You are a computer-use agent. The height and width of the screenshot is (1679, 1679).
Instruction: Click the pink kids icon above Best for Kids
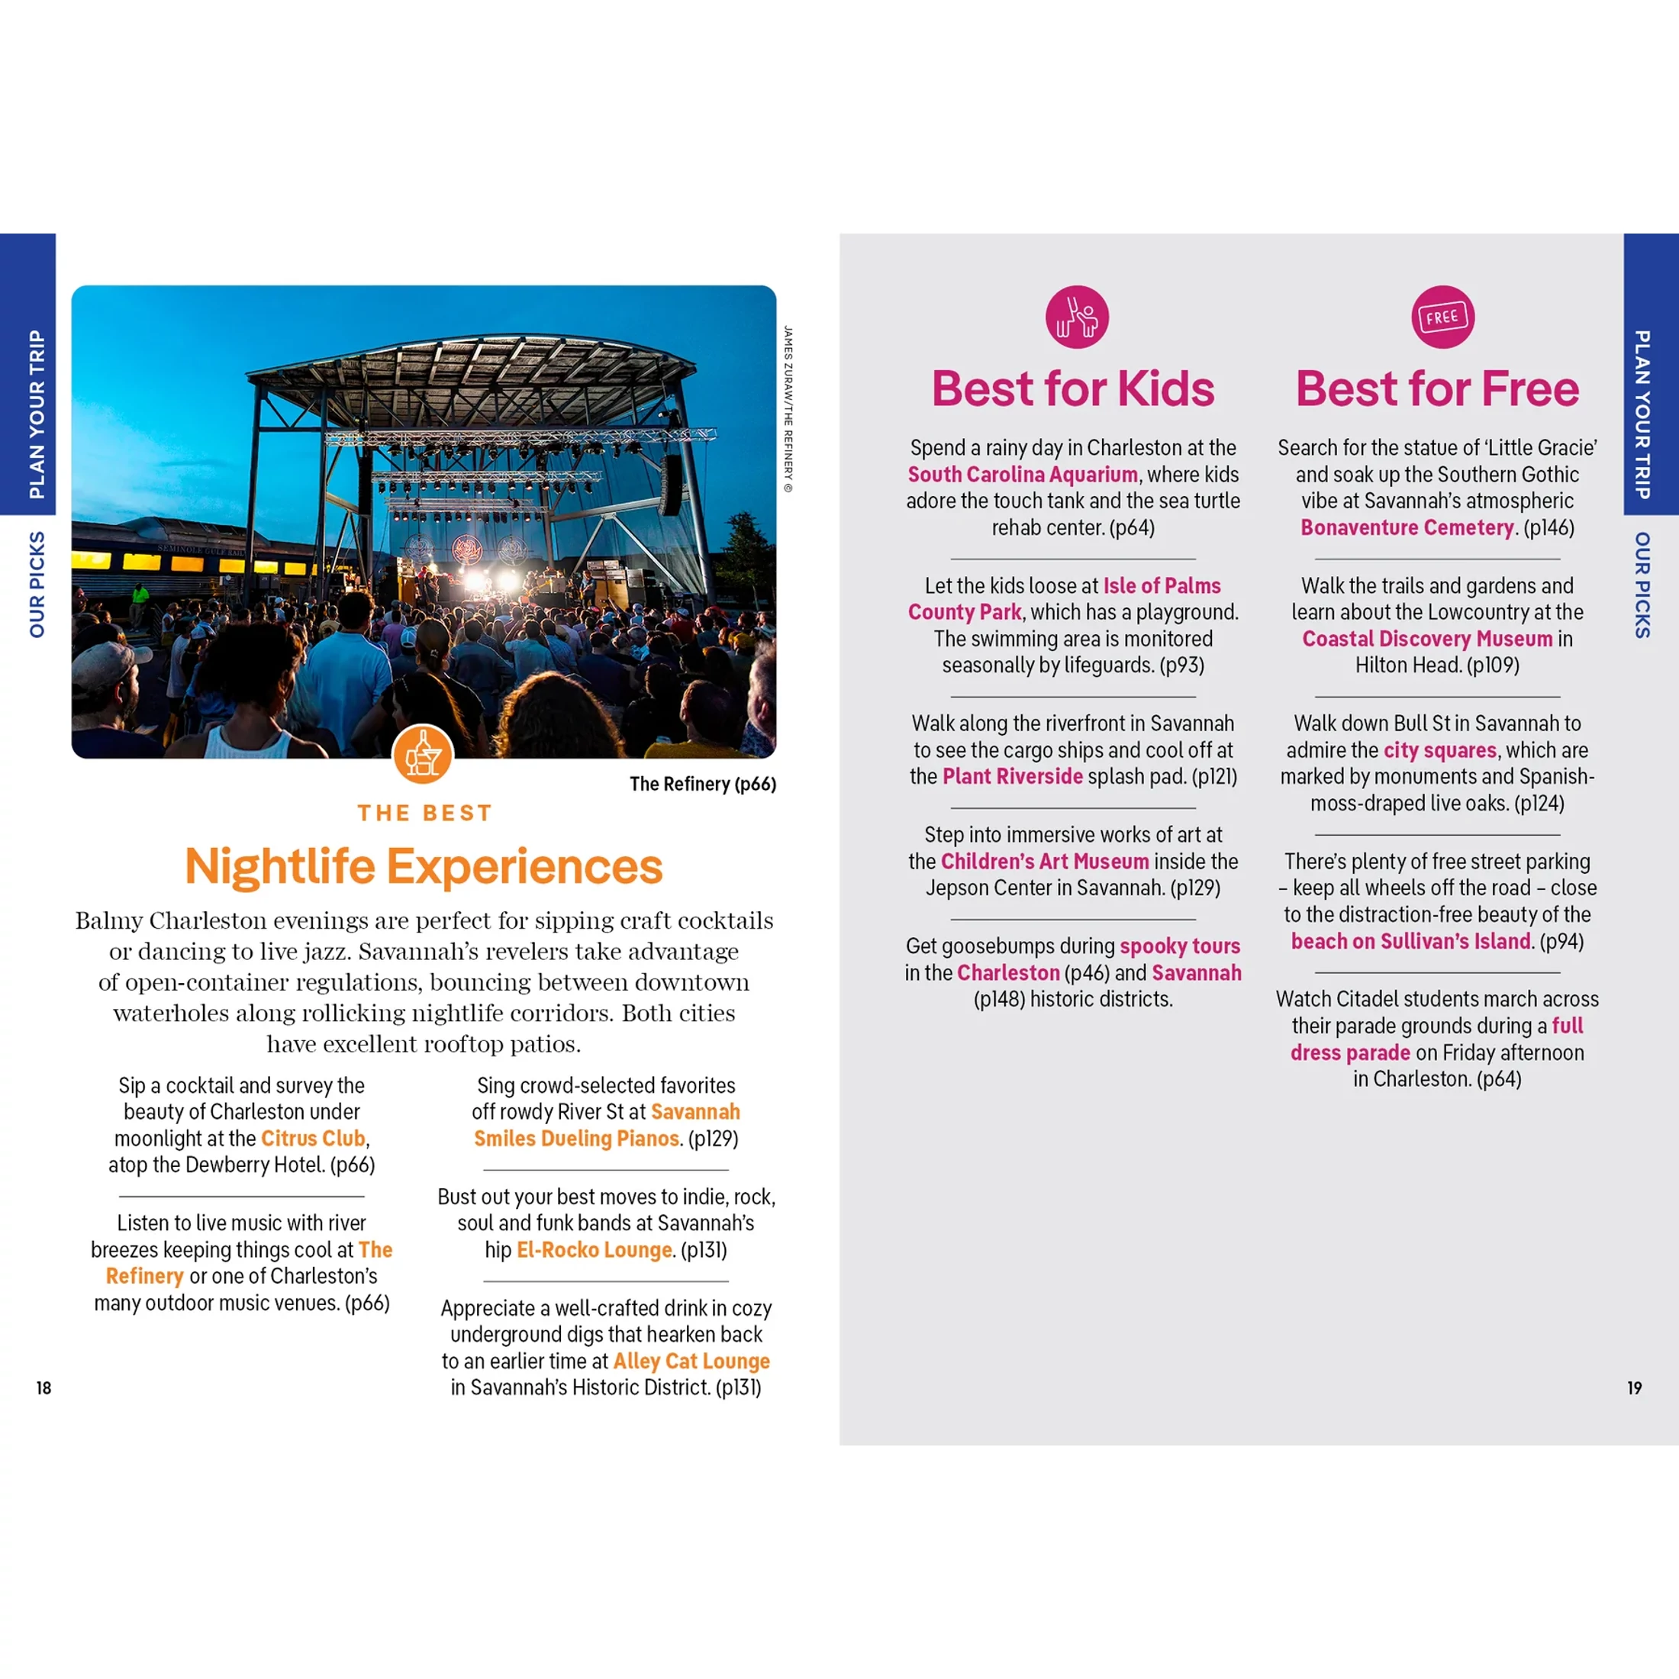tap(1077, 317)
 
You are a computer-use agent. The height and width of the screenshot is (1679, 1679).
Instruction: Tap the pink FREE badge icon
tap(1442, 317)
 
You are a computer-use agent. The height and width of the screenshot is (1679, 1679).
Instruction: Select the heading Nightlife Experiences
tap(424, 866)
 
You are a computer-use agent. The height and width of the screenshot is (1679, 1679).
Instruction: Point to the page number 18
tap(44, 1388)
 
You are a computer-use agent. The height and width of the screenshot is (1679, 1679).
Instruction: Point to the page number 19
tap(1635, 1388)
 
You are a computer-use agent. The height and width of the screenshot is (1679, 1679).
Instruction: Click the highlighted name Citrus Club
tap(313, 1139)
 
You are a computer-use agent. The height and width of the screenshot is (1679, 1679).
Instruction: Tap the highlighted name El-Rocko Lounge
tap(595, 1249)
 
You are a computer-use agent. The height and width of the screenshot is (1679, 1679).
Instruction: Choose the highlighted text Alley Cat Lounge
tap(691, 1361)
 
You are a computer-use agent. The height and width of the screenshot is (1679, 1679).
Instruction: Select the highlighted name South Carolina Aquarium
tap(1023, 475)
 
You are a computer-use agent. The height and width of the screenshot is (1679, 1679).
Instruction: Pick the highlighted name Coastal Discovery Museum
tap(1427, 639)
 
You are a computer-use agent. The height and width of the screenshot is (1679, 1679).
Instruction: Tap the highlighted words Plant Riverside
tap(1013, 776)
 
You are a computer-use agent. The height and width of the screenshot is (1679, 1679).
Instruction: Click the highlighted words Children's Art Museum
tap(1045, 861)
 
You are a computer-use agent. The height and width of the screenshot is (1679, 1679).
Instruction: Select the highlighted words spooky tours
tap(1179, 946)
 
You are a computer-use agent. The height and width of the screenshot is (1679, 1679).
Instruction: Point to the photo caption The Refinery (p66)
tap(702, 784)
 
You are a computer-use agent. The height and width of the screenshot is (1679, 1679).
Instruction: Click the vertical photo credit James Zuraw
tap(788, 408)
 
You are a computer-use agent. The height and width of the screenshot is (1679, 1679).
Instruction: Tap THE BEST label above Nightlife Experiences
tap(424, 814)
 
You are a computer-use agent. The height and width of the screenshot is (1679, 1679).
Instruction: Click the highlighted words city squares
tap(1440, 750)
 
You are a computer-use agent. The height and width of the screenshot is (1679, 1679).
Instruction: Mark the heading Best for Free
tap(1437, 388)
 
